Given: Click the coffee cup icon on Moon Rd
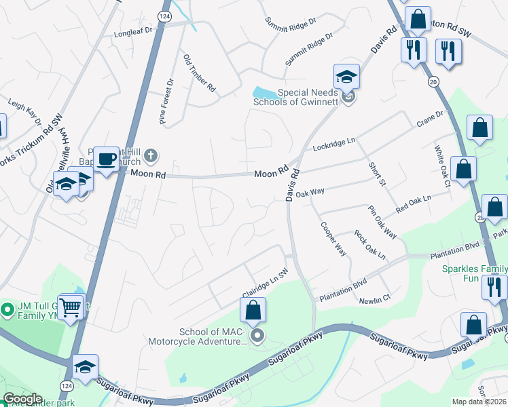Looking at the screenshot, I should point(105,159).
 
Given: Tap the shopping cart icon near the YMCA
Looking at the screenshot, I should point(71,307).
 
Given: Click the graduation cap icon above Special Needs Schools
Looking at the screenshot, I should point(346,76).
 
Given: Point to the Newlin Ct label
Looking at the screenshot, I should point(375,297).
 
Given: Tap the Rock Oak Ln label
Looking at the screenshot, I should point(370,245).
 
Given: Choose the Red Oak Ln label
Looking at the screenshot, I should point(414,201).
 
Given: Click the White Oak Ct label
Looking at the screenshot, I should point(442,169).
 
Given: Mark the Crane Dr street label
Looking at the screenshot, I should point(430,119).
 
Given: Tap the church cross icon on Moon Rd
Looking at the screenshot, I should point(151,157).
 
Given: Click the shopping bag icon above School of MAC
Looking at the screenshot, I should point(253,311).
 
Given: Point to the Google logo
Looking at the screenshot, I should point(22,400).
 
